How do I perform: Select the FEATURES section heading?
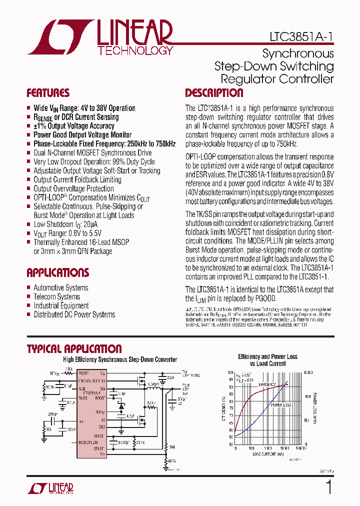tap(48, 93)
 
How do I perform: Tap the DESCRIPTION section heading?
tap(214, 93)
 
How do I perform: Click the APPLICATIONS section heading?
tap(57, 272)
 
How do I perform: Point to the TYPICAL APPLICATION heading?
tap(74, 349)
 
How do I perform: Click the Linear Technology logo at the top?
tap(100, 37)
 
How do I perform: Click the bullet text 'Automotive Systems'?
tap(60, 287)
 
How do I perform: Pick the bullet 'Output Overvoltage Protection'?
tap(73, 188)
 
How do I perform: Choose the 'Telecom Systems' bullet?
tap(56, 296)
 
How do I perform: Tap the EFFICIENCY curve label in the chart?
tap(267, 384)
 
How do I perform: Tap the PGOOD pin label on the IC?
tap(83, 373)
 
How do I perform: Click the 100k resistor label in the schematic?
tap(68, 368)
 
